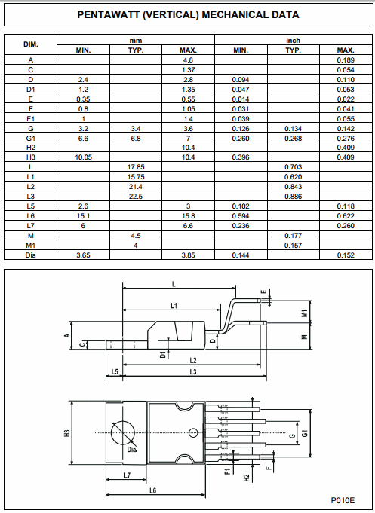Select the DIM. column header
[x=30, y=44]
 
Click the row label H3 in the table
[x=30, y=157]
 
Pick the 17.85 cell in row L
[x=136, y=167]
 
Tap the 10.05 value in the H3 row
[x=83, y=157]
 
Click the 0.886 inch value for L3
[x=293, y=197]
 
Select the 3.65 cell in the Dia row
[x=83, y=255]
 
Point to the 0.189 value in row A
[x=346, y=60]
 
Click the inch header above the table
[x=293, y=41]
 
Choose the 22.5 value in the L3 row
[x=136, y=197]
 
